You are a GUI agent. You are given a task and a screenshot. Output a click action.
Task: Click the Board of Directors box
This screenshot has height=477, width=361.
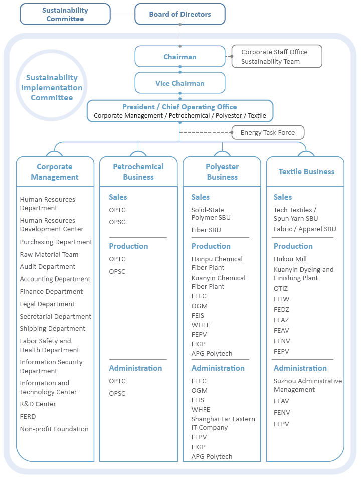(x=180, y=14)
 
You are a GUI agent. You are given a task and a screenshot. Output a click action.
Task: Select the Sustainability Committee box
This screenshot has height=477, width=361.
(x=65, y=14)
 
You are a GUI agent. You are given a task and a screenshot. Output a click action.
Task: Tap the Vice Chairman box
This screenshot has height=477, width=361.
(x=180, y=83)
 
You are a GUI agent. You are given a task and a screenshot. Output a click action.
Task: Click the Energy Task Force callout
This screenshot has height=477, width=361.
(x=268, y=133)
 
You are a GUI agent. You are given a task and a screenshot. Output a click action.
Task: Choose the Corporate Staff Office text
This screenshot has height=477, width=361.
(x=274, y=52)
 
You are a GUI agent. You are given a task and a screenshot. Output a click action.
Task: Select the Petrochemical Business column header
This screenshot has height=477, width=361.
(x=138, y=172)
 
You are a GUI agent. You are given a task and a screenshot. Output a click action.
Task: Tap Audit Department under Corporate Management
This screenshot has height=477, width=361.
(x=48, y=267)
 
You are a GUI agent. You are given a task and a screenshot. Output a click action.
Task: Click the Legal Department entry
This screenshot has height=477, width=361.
(x=47, y=304)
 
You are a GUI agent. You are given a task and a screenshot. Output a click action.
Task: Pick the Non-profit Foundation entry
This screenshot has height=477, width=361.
(x=54, y=429)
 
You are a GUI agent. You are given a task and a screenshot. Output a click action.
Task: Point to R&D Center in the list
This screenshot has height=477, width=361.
(x=38, y=404)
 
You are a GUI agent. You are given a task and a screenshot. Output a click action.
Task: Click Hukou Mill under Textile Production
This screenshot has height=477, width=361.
(x=290, y=259)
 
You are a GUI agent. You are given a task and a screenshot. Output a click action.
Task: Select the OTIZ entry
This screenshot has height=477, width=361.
(x=281, y=289)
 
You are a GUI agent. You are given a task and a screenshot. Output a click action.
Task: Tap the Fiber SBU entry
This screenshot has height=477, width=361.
(x=206, y=230)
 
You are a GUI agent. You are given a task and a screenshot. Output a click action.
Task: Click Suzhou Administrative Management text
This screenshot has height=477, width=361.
(x=308, y=385)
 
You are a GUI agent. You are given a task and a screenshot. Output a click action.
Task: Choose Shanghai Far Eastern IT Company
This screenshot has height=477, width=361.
(x=223, y=423)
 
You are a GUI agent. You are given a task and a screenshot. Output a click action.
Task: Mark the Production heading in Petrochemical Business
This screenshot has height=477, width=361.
(x=128, y=246)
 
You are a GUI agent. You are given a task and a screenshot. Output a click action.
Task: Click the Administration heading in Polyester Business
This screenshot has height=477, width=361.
(x=218, y=368)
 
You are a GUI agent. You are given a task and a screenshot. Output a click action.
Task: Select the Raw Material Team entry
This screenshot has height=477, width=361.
(x=49, y=255)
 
